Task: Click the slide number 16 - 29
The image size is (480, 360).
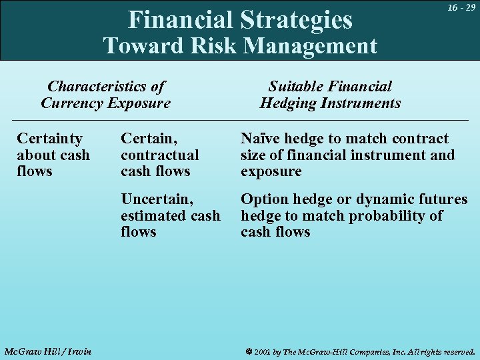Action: [461, 7]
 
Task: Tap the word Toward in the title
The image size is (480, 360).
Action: [135, 45]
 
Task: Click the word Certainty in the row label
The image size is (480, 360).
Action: [49, 139]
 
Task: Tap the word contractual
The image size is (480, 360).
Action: [159, 155]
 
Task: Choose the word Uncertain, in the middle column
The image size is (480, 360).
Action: [157, 199]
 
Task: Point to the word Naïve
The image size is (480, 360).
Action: [260, 139]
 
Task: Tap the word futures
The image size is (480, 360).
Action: [444, 199]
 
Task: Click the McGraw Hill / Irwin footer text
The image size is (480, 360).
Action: [47, 351]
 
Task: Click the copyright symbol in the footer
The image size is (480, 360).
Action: [247, 351]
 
